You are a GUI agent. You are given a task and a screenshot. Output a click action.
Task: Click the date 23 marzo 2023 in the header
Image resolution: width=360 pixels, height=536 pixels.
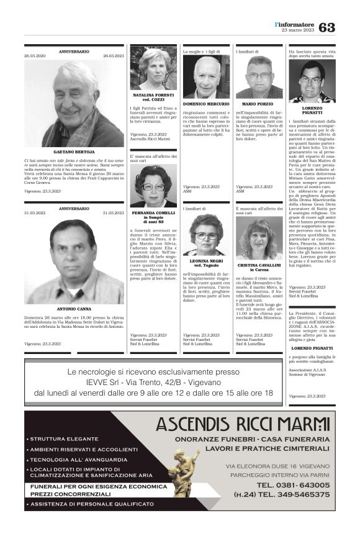pos(299,30)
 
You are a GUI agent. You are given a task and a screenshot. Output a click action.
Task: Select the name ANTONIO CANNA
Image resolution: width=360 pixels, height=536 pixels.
pos(74,309)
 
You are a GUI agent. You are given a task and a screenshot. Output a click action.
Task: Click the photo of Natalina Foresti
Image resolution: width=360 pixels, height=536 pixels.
pos(153,69)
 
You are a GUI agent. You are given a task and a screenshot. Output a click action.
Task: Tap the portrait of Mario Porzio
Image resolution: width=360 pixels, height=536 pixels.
pos(259,77)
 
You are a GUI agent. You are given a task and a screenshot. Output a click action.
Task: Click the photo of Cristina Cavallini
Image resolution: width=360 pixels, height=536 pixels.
pos(259,239)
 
